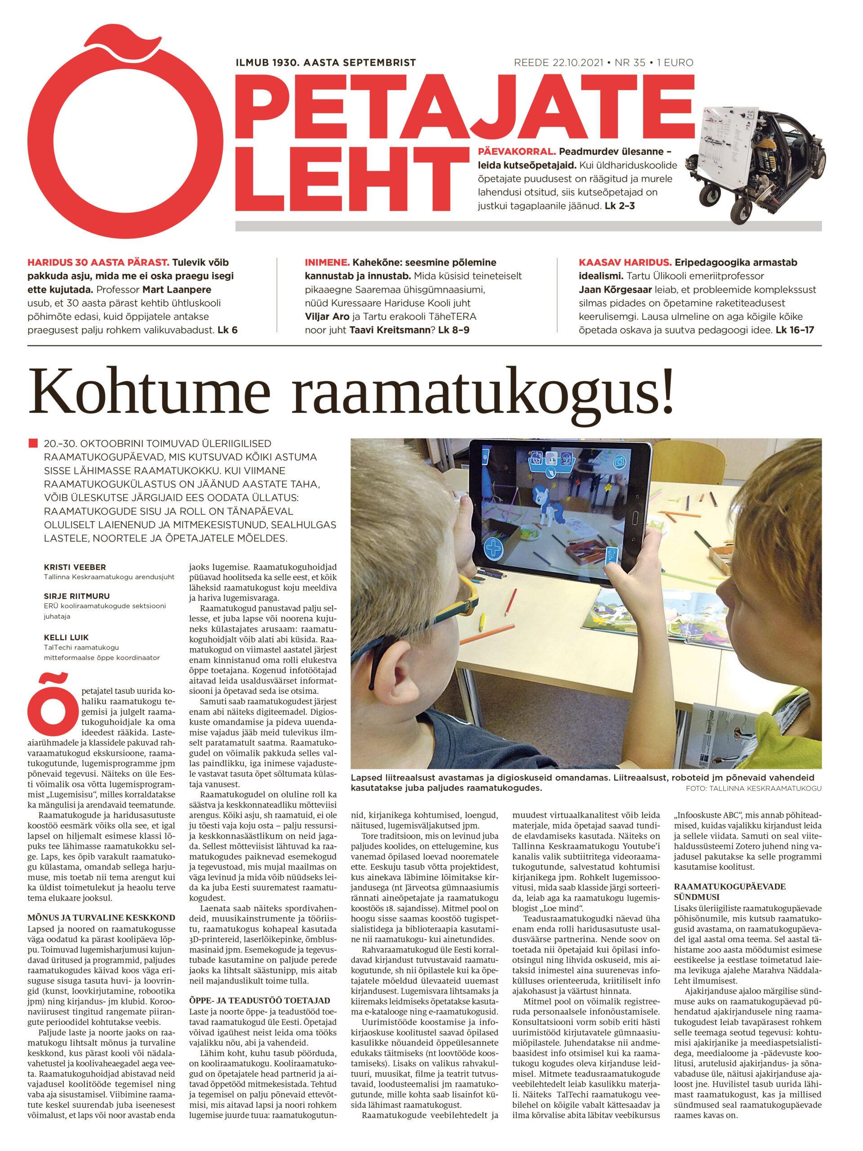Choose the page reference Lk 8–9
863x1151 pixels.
pos(454,330)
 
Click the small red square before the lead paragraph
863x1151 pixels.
pos(33,444)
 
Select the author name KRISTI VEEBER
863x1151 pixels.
pos(75,567)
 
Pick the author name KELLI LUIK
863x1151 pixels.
pos(66,638)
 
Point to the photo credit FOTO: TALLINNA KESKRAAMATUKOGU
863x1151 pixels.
pos(753,788)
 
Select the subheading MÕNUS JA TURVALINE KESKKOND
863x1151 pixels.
pos(101,918)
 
